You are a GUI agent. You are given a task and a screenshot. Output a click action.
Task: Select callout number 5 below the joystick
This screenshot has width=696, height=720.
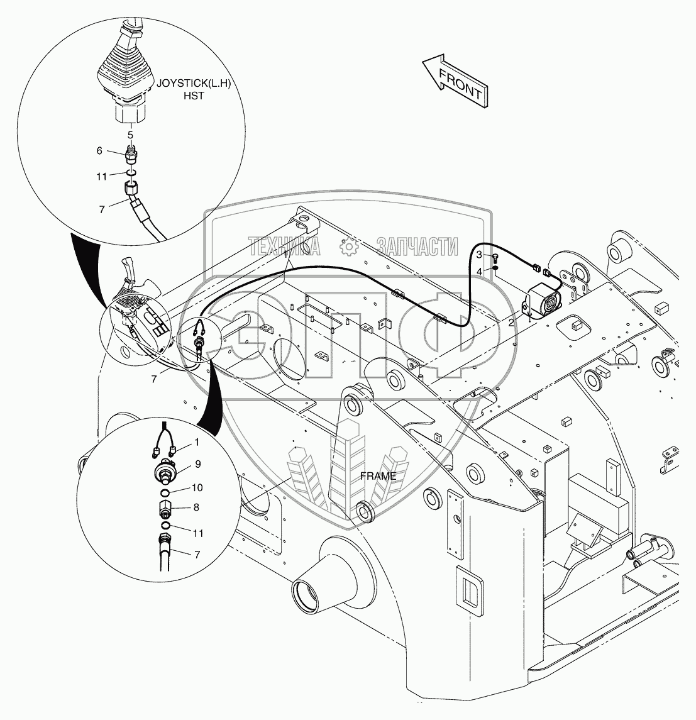(130, 135)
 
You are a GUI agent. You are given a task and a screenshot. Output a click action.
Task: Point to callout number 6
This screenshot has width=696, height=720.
(99, 151)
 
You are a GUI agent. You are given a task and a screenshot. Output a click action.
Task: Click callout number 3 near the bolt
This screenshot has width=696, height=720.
(479, 255)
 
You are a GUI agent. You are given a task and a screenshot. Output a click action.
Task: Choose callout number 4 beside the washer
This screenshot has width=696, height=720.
(479, 270)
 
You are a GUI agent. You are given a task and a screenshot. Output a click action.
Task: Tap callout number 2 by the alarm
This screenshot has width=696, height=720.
(512, 321)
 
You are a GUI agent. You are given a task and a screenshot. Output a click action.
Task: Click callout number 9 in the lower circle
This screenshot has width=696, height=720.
(197, 465)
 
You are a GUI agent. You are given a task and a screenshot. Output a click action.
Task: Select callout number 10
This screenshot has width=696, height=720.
(197, 487)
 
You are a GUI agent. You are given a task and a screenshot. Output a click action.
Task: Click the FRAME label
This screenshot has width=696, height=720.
(378, 476)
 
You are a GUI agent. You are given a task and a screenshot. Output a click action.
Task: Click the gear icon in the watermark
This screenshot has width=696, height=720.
(348, 247)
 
